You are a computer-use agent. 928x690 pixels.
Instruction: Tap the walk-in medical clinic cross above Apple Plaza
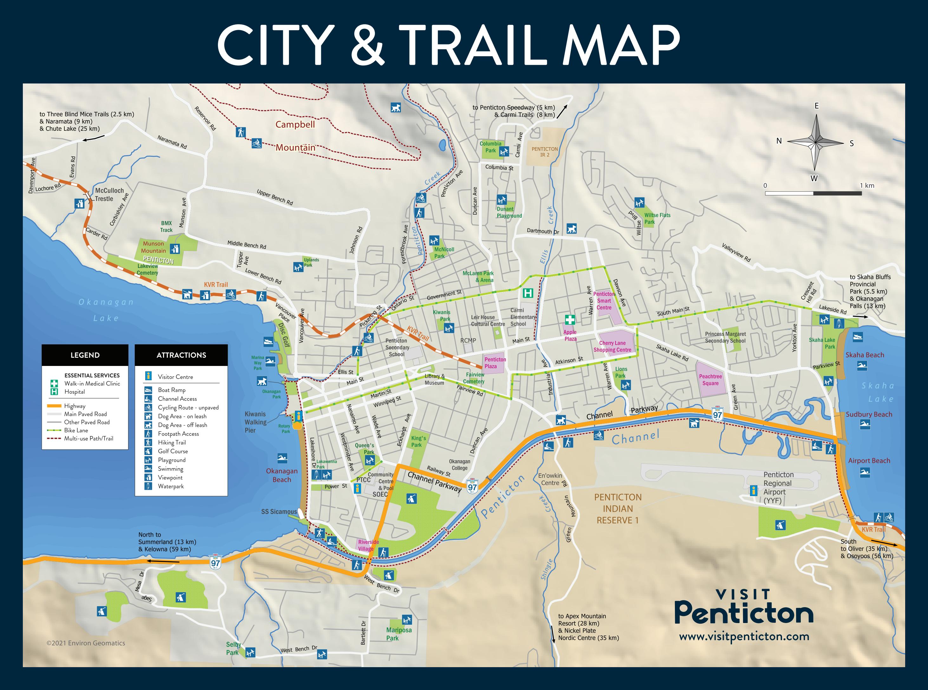[x=570, y=320]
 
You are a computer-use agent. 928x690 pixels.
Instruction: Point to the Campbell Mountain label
[x=295, y=136]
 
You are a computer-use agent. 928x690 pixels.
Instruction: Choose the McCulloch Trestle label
[x=109, y=195]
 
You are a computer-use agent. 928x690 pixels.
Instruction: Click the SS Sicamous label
[x=279, y=512]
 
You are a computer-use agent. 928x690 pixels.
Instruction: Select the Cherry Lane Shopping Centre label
[x=612, y=346]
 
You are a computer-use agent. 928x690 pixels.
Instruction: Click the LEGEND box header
[x=85, y=355]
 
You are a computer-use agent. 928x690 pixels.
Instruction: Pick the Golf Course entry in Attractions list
[x=173, y=451]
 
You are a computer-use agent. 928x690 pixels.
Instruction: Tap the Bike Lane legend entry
[x=76, y=430]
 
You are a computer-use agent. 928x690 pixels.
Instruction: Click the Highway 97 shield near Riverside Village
[x=472, y=486]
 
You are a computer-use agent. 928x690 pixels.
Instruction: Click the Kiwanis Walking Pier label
[x=255, y=422]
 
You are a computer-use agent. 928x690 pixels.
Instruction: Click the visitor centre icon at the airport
[x=754, y=490]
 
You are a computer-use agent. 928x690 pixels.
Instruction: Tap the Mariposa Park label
[x=398, y=634]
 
